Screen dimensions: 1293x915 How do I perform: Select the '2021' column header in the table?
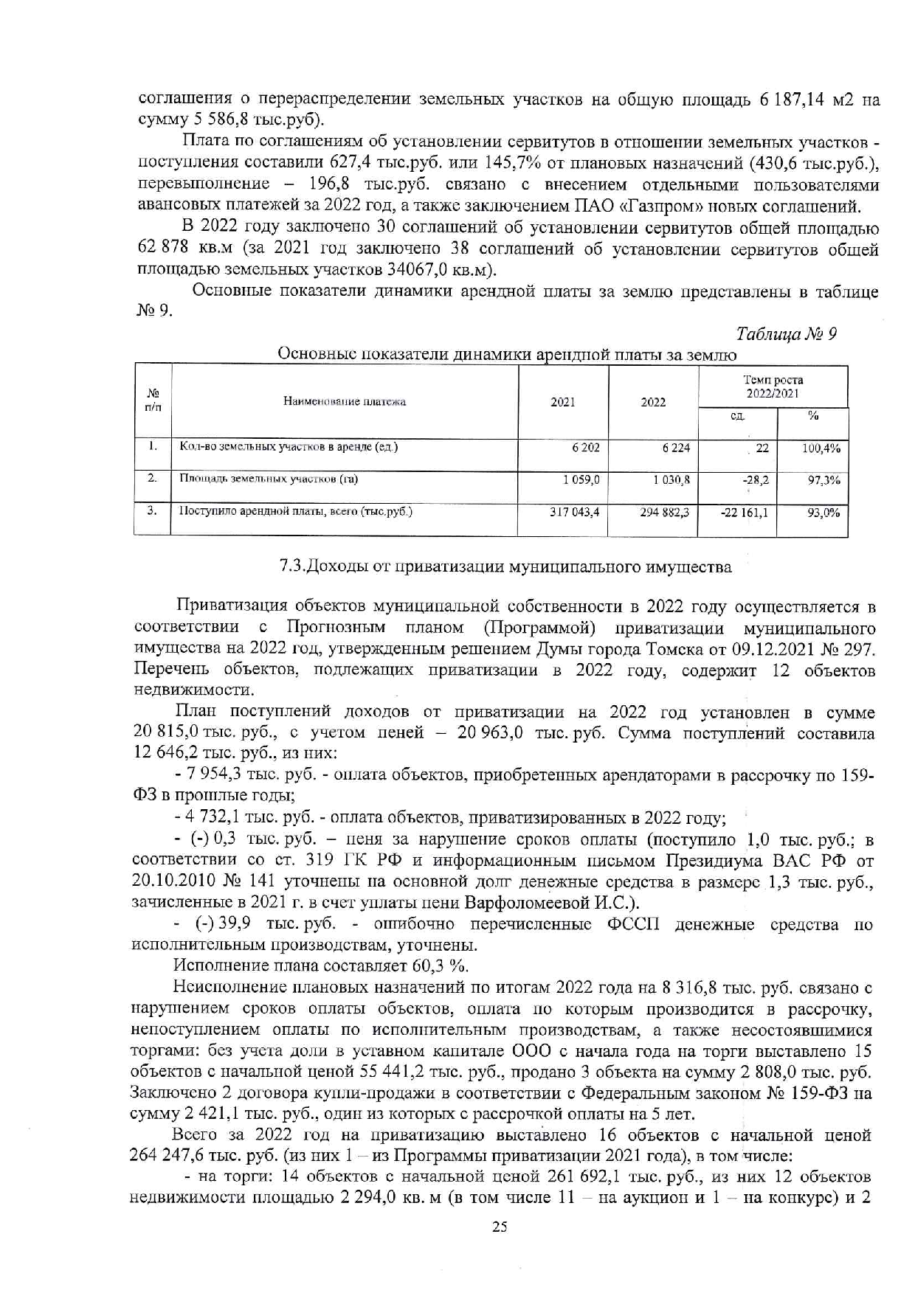(x=563, y=402)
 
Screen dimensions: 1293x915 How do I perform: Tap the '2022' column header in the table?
(x=653, y=402)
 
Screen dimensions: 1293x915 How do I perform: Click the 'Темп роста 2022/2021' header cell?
(x=773, y=386)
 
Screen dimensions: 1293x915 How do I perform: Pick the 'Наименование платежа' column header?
(x=345, y=402)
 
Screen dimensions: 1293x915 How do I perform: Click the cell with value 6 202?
(x=586, y=448)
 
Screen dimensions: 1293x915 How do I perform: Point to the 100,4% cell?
(x=821, y=448)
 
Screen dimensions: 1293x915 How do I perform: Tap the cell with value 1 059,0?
(x=582, y=479)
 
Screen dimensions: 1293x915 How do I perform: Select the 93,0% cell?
(x=823, y=511)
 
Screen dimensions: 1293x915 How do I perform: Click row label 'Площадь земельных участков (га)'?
(x=269, y=479)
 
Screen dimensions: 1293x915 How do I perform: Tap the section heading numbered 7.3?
(x=505, y=567)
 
